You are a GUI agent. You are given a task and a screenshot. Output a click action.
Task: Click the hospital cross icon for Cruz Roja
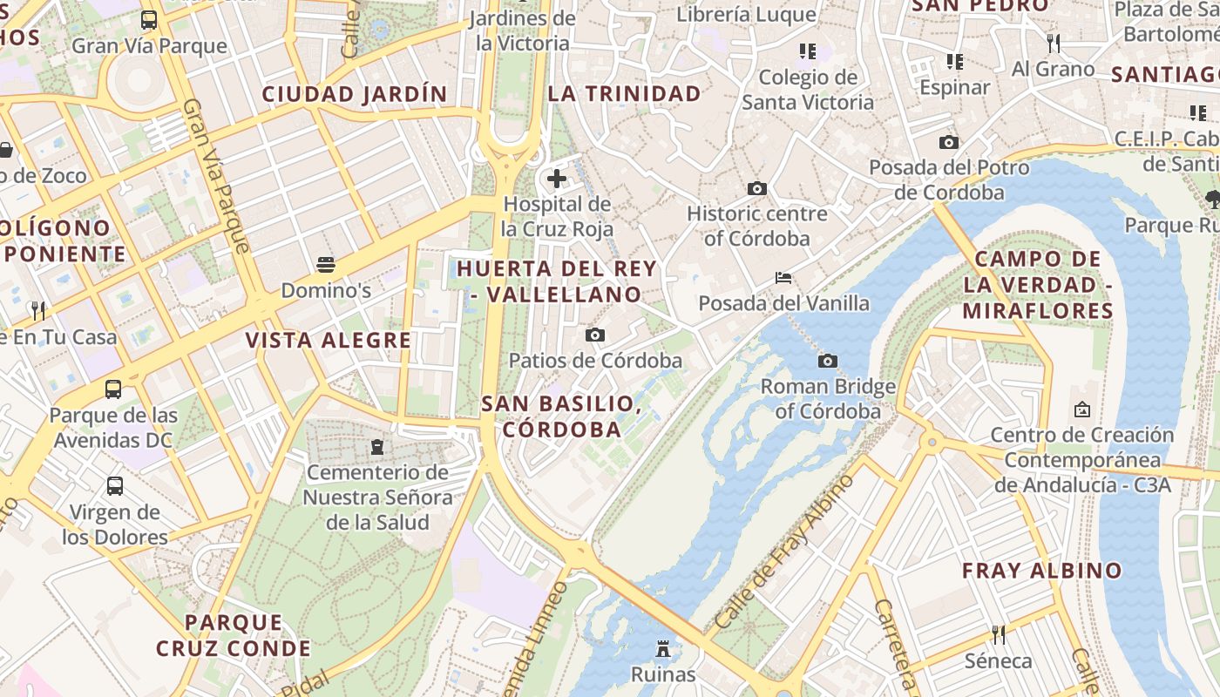coord(557,179)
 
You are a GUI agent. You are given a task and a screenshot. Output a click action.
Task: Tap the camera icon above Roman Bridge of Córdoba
coord(828,361)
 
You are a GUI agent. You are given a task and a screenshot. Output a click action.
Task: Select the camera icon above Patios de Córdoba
coord(595,335)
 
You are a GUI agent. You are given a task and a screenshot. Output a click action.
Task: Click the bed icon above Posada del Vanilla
coord(783,278)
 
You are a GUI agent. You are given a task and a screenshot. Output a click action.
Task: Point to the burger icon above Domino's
coord(326,264)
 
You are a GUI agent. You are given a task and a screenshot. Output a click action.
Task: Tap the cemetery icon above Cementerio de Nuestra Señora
coord(377,447)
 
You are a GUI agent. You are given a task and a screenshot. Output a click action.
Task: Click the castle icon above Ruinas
coord(663,649)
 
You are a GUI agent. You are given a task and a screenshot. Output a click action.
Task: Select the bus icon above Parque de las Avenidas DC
coord(113,389)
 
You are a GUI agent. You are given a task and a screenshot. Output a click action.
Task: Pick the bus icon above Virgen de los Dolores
coord(114,486)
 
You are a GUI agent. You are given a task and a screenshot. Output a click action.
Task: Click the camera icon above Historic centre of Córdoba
coord(757,188)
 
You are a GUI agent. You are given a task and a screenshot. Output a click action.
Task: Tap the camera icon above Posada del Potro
coord(949,142)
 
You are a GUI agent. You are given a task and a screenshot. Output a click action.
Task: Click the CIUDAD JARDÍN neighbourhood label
coord(355,94)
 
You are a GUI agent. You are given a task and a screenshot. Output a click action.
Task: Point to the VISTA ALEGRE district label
coord(328,341)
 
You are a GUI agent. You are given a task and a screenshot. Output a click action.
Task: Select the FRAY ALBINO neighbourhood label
coord(1042,572)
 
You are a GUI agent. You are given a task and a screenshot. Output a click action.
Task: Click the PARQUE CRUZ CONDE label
coord(234,636)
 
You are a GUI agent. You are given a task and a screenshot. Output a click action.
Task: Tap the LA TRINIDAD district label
coord(625,94)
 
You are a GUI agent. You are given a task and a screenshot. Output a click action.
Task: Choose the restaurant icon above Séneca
coord(999,634)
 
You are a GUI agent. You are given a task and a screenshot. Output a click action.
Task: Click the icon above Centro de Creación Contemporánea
coord(1082,409)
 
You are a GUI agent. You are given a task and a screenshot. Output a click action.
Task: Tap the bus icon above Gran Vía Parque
coord(149,20)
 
